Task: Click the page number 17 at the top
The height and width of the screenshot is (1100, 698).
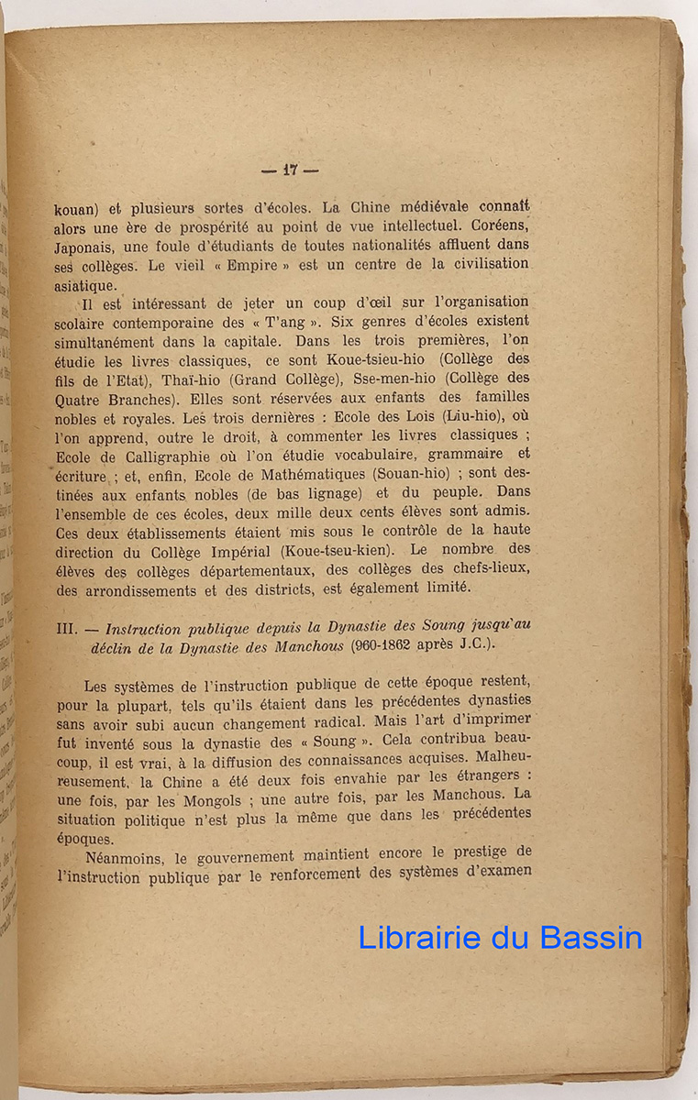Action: point(290,170)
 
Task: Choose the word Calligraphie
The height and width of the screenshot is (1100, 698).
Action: point(145,456)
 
